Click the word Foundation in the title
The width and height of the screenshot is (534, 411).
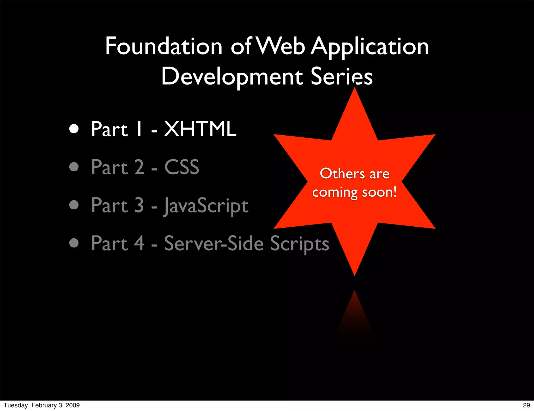coord(163,46)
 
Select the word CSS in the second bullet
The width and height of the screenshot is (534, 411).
coord(182,167)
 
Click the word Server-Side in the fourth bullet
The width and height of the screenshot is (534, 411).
coord(214,244)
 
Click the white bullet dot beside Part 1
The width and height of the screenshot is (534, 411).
coord(74,129)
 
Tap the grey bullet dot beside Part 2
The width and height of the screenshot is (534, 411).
coord(74,167)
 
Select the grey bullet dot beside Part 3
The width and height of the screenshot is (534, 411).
coord(74,205)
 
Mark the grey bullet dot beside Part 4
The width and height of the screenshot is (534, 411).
coord(74,243)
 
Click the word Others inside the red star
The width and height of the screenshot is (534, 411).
coord(342,174)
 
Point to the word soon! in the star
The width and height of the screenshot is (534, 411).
coord(379,192)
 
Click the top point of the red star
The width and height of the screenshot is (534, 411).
coord(355,91)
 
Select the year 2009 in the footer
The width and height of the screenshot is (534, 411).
coord(72,405)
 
